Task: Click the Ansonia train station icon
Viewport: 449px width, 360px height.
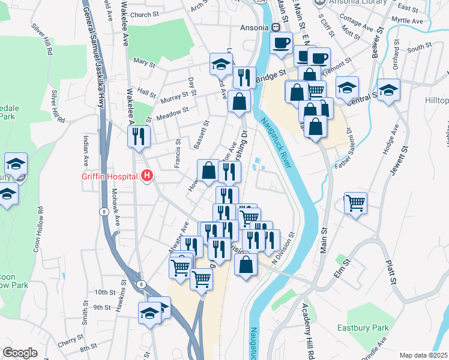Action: coord(276,27)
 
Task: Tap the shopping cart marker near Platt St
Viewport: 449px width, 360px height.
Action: coord(355,203)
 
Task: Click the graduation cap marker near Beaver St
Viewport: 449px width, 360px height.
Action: coord(389,89)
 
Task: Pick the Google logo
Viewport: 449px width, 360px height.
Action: coord(20,353)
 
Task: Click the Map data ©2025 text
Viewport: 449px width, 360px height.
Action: coord(423,355)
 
